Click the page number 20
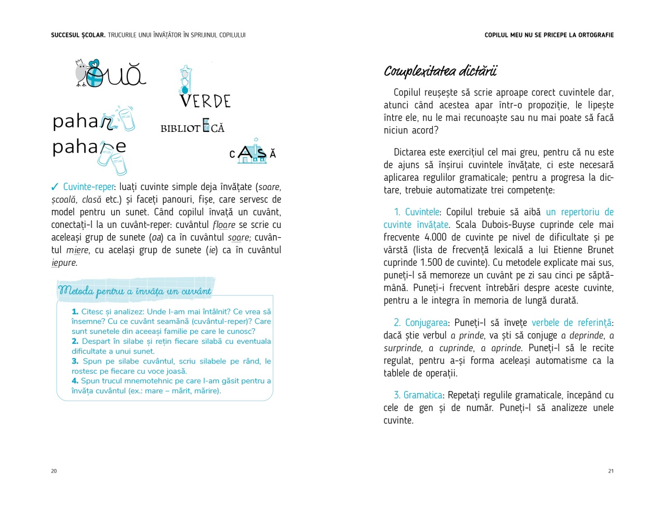tap(54, 471)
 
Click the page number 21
tap(611, 471)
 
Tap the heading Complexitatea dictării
tap(441, 71)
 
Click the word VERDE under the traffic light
tap(205, 101)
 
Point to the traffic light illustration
tap(185, 79)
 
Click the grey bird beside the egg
tap(81, 72)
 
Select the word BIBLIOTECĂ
tap(192, 128)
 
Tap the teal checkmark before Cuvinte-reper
tap(55, 187)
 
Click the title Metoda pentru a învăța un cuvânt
tap(135, 291)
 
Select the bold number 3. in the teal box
tap(75, 361)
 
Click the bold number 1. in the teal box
tap(75, 312)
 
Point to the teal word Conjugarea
tap(426, 322)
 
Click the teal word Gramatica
tap(423, 395)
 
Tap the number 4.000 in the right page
tap(435, 237)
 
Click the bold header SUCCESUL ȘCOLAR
tap(78, 35)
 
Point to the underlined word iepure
tap(64, 263)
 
